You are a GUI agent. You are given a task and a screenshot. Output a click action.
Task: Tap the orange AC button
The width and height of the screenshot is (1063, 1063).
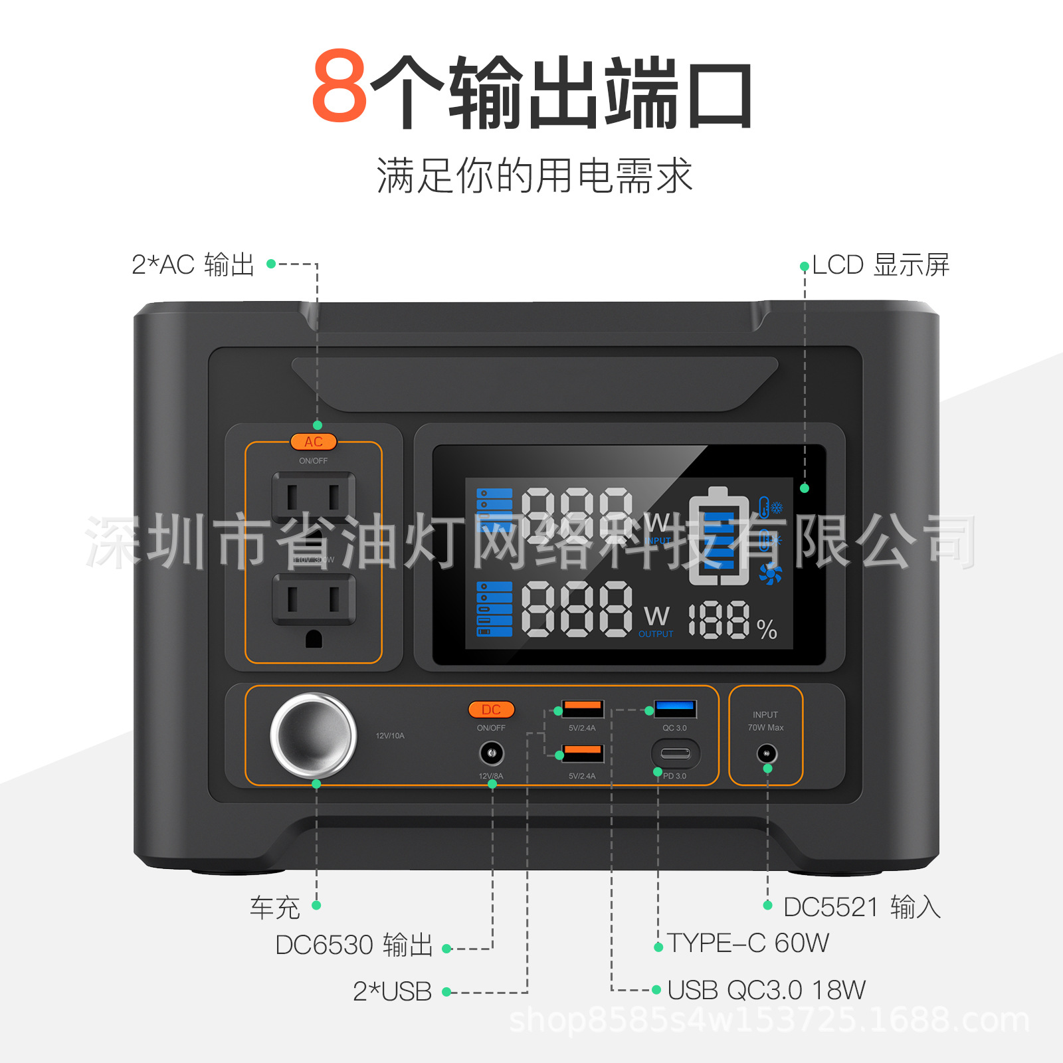(x=314, y=442)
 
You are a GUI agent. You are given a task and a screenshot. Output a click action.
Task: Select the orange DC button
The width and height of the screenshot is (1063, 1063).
(x=491, y=710)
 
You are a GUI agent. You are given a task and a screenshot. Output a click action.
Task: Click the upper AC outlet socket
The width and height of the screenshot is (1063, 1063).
(x=314, y=497)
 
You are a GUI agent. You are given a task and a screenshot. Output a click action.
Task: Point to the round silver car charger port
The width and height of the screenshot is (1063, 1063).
(x=313, y=735)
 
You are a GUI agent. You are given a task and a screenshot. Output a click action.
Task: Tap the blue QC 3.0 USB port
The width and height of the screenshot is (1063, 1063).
(x=675, y=709)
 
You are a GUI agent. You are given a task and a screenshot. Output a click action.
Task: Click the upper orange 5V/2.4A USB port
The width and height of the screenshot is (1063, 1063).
(x=583, y=709)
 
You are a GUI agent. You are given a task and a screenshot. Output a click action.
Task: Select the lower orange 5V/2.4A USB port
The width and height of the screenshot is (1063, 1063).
(x=583, y=754)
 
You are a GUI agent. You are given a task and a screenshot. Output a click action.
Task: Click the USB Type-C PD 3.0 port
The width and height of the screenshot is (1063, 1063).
(x=675, y=754)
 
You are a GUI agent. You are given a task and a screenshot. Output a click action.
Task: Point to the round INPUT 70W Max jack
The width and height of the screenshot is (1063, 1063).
(x=767, y=753)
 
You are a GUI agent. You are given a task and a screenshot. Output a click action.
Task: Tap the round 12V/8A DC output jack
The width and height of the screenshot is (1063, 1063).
(x=492, y=753)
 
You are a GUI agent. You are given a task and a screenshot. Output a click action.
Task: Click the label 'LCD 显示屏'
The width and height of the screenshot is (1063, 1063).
(x=880, y=264)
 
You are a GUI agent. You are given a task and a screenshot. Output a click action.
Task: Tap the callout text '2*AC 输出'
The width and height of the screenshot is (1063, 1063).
(x=193, y=264)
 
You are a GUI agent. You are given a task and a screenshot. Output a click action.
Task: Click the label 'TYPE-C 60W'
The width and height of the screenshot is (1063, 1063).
(x=748, y=943)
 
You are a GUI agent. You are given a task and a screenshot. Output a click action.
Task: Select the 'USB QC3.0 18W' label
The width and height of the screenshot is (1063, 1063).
(x=766, y=990)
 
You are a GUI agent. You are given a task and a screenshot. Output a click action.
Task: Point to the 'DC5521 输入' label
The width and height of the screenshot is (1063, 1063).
(x=862, y=907)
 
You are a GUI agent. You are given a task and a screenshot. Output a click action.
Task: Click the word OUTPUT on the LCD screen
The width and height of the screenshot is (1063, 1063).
(x=656, y=634)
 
